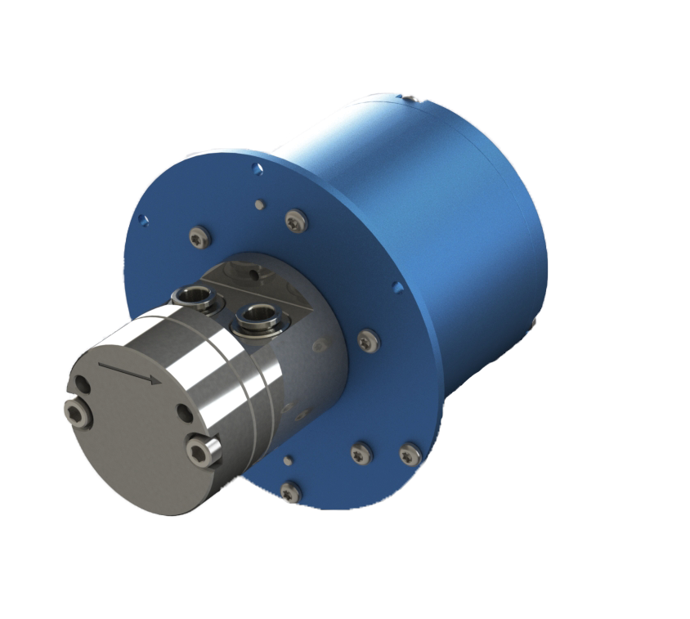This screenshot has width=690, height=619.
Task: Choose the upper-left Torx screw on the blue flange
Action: pyautogui.click(x=198, y=238)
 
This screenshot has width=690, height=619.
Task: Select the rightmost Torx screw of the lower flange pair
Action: pyautogui.click(x=409, y=453)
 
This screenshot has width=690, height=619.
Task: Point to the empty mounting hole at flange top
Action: pyautogui.click(x=258, y=168)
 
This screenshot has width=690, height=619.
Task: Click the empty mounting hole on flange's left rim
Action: pyautogui.click(x=143, y=220)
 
